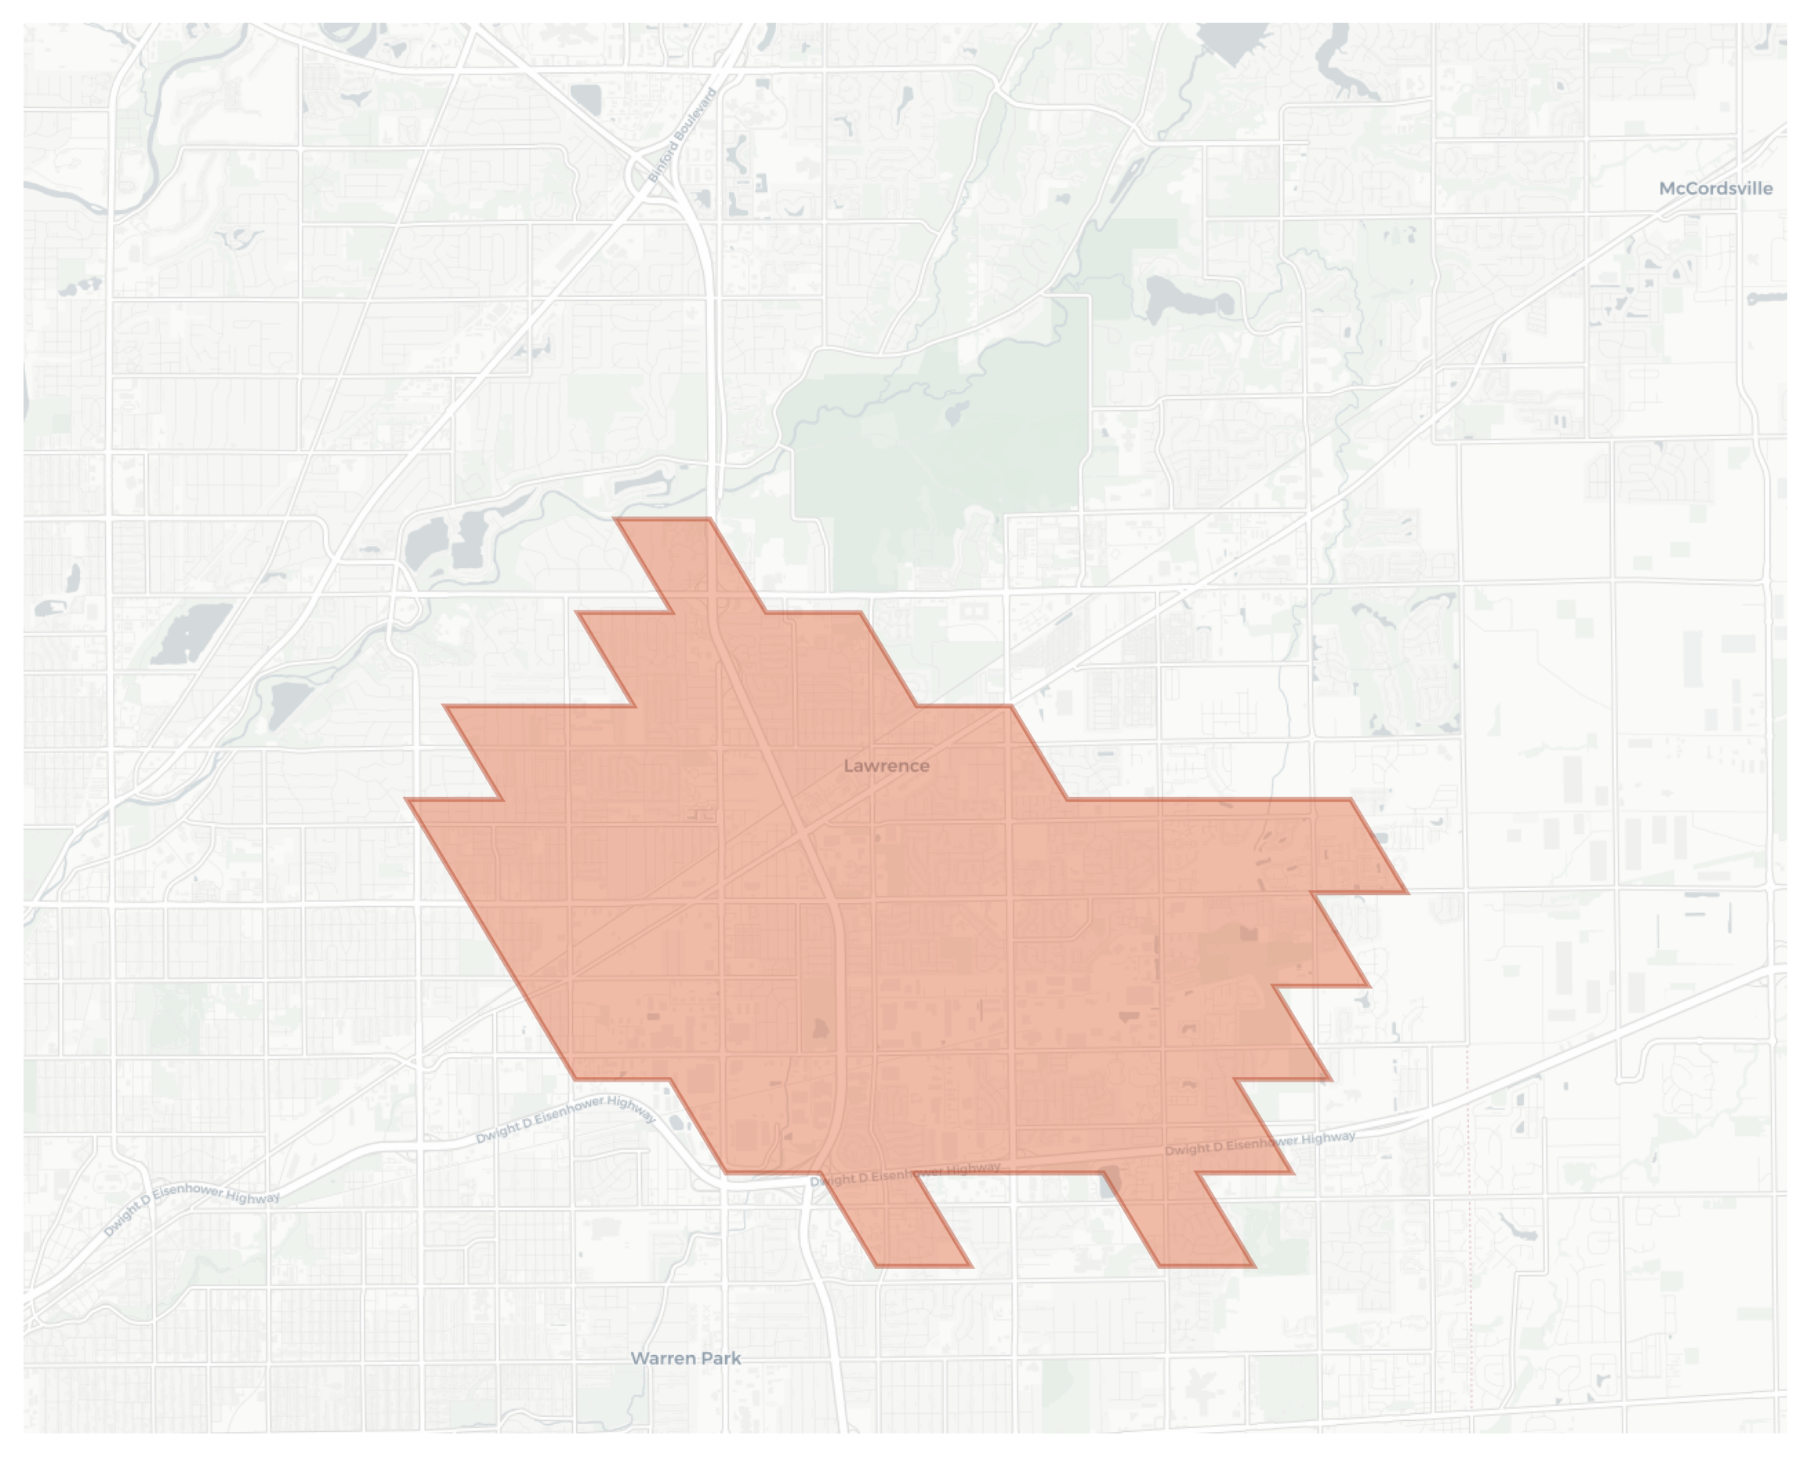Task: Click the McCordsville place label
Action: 1715,189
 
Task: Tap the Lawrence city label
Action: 887,767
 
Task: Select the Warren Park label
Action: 685,1359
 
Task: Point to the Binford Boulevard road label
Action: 683,135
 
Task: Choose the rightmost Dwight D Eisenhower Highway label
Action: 1259,1143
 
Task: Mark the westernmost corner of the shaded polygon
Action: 407,800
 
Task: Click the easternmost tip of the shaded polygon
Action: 1407,892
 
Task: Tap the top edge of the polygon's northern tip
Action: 663,520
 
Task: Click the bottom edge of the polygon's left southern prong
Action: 923,1266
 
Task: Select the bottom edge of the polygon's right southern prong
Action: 1206,1266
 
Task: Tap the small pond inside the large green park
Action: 955,413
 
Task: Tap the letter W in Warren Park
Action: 640,1359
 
